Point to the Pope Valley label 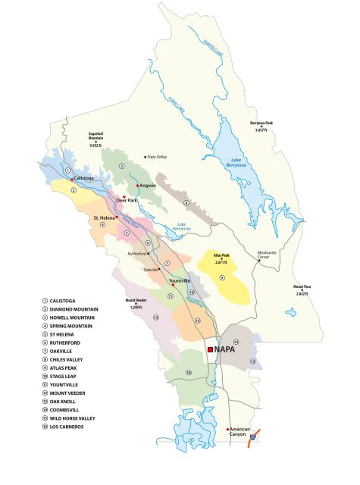tap(155, 157)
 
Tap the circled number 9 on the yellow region tap(222, 279)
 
